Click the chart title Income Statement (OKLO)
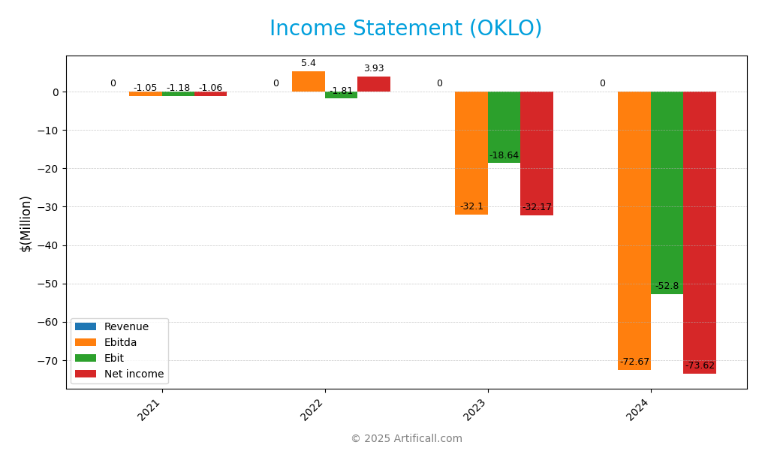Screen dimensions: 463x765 coord(405,29)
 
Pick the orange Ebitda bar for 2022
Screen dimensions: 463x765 coord(309,82)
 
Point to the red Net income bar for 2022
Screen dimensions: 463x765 coord(373,84)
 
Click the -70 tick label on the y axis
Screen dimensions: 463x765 coord(48,361)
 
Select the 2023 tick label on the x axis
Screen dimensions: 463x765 coord(475,410)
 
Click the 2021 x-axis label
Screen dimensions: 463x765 coord(149,410)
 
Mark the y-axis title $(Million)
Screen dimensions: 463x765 coord(26,223)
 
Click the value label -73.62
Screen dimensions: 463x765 coord(700,365)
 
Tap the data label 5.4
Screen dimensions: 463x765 coord(309,63)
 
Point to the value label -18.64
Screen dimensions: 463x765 coord(504,155)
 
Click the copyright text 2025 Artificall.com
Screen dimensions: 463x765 coord(406,438)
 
